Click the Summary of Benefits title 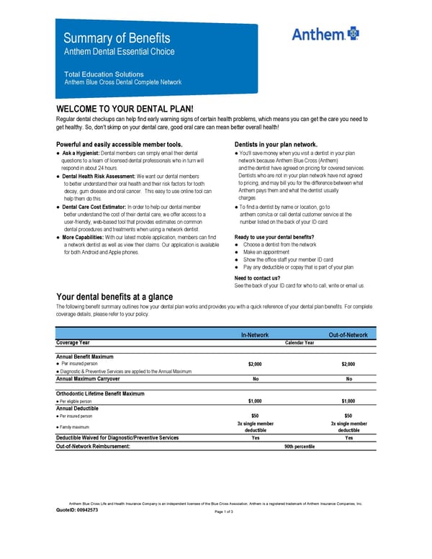[117, 37]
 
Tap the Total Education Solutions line [104, 74]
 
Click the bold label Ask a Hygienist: [81, 153]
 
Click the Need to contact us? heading [257, 278]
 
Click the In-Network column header [255, 335]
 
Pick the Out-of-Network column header [348, 335]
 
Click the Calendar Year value [300, 343]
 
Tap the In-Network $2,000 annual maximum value [255, 364]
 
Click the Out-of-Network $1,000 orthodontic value [348, 401]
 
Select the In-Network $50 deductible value [255, 416]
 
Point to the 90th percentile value [300, 447]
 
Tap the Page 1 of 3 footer [224, 511]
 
